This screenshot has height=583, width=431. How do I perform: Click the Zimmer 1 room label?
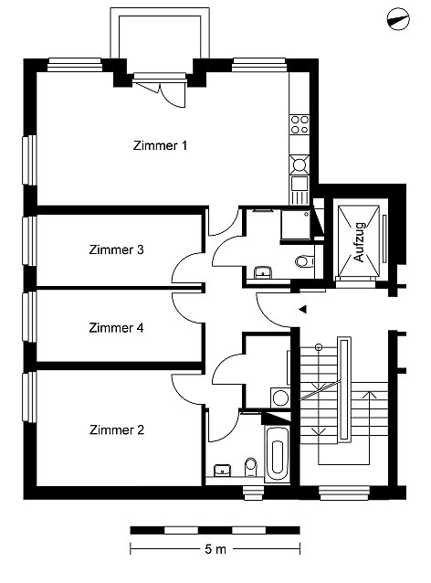coord(160,145)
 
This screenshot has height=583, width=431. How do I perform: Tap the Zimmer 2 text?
coord(116,429)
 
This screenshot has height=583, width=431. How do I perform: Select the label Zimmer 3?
coord(116,249)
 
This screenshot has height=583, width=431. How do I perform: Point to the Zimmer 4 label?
coord(116,327)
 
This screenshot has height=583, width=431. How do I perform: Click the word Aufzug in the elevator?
coord(359,242)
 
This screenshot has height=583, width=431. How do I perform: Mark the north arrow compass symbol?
coord(398,19)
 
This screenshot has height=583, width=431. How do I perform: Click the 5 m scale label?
coord(215,549)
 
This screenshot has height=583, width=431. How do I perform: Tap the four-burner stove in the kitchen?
coord(300,124)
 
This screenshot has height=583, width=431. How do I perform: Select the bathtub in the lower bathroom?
coord(278,455)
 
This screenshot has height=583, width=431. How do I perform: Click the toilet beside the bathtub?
coord(251,467)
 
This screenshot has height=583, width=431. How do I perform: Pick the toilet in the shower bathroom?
coord(305,261)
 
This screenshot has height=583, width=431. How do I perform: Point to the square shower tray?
coord(295,226)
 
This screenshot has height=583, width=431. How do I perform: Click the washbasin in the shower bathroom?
coord(263,272)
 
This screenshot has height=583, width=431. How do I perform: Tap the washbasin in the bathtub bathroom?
coord(223,470)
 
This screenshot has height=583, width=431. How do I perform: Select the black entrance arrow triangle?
coord(303,309)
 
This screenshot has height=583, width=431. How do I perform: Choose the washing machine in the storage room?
coord(280,397)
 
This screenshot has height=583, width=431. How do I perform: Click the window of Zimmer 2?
coord(29,397)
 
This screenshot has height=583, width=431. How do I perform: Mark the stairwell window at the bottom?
coord(344,493)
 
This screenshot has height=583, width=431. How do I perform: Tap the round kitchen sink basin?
coord(300,164)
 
